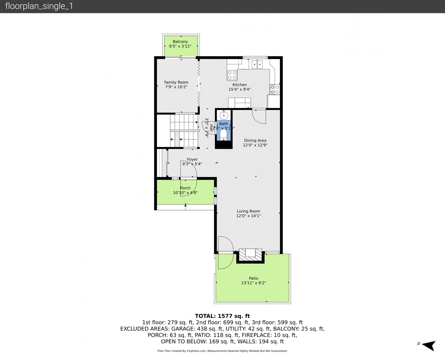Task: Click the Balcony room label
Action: (180, 42)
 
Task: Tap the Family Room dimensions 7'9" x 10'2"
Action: (176, 87)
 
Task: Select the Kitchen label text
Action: (239, 85)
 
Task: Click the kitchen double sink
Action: (257, 64)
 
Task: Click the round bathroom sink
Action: (224, 115)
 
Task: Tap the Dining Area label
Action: (255, 140)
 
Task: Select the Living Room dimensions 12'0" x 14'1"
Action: (248, 216)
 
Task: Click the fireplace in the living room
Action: (250, 255)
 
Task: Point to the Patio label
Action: (253, 278)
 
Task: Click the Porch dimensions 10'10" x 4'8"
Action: (185, 193)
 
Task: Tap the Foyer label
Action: (192, 159)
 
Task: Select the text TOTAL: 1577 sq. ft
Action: (222, 316)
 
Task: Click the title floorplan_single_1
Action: (39, 6)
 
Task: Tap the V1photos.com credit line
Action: (222, 351)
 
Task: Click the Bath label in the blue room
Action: (224, 124)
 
